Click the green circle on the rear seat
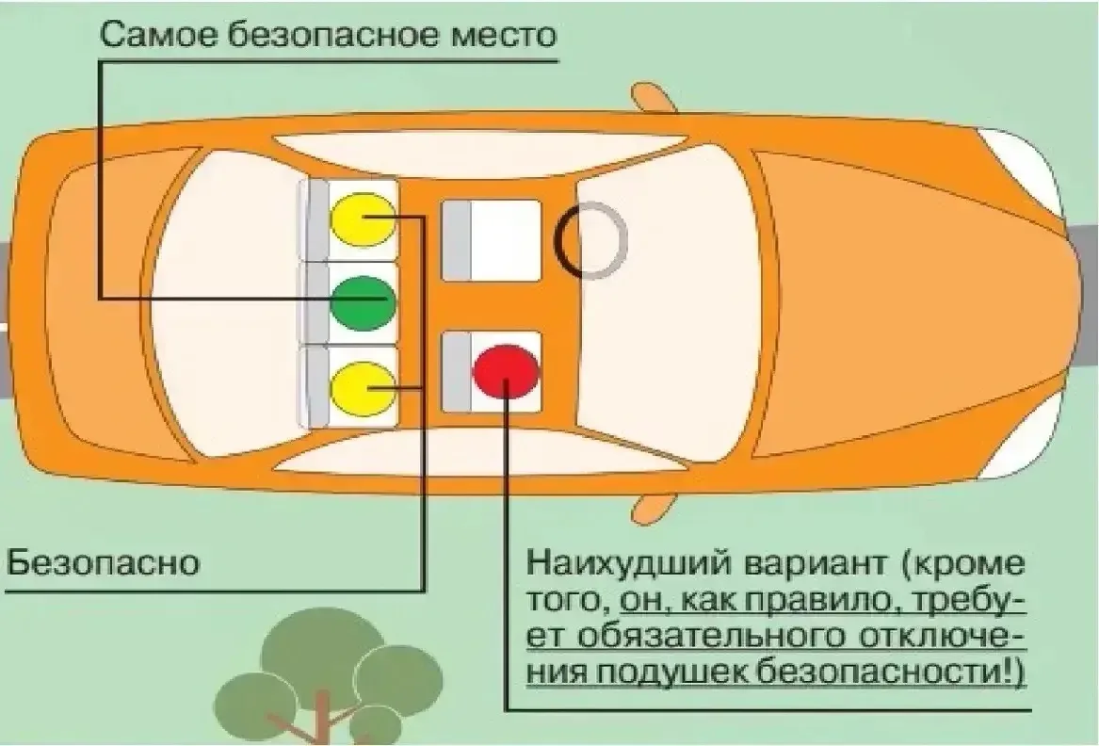click(x=364, y=303)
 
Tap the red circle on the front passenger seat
click(x=506, y=372)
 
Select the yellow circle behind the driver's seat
click(x=364, y=219)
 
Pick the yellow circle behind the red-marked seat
click(x=364, y=388)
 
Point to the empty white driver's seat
click(x=491, y=240)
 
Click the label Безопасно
click(x=103, y=562)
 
